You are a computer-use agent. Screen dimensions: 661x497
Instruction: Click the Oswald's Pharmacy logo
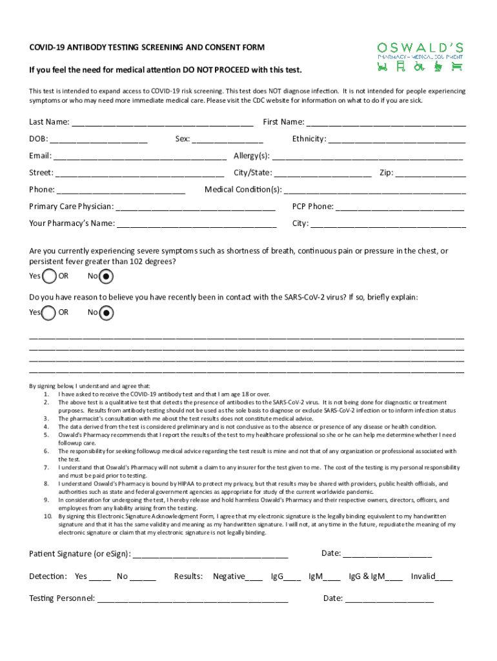(420, 56)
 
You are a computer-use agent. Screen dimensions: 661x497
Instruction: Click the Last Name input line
(162, 123)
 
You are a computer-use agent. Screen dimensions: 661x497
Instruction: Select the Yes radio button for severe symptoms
(49, 277)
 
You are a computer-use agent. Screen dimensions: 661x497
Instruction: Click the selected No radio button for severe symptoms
(107, 277)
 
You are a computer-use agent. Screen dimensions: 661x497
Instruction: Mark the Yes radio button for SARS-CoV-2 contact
(49, 313)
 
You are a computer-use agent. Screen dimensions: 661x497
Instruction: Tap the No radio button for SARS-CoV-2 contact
(107, 313)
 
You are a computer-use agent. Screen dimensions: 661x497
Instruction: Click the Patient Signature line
(210, 554)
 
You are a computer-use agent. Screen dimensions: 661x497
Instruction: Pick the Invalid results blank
(445, 577)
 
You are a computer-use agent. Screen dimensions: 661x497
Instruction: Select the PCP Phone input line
(400, 207)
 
